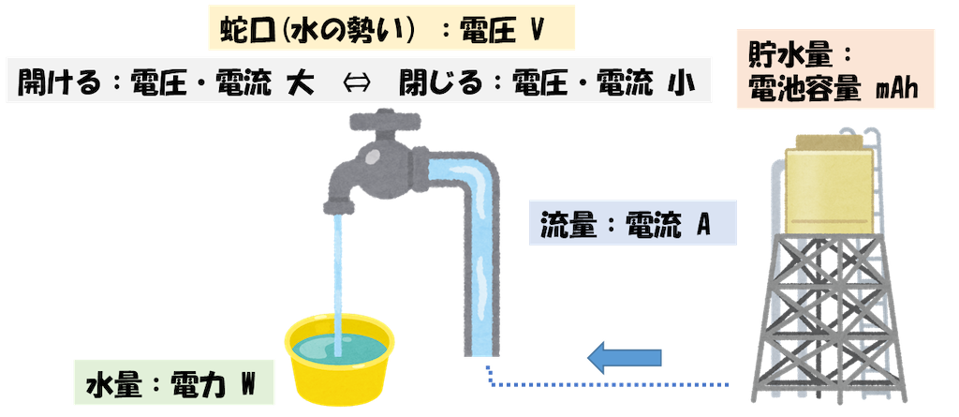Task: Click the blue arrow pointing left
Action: pos(625,357)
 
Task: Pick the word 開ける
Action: pos(57,84)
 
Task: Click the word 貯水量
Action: pos(781,57)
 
